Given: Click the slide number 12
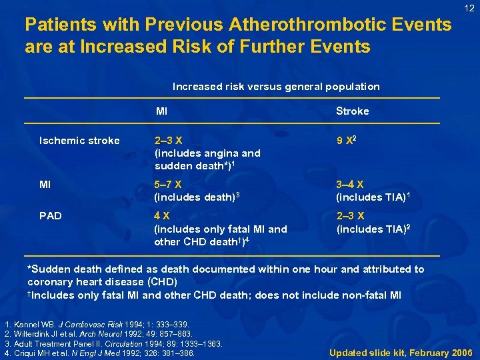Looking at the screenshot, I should click(469, 8).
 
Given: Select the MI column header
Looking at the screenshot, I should click(161, 111).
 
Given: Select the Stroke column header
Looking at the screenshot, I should click(353, 111).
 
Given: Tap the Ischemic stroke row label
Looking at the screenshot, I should click(80, 141).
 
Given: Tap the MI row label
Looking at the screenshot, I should click(45, 185).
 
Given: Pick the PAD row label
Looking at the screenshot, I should click(51, 216).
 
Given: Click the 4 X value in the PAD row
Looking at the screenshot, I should click(162, 216).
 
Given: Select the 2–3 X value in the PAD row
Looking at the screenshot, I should click(351, 216).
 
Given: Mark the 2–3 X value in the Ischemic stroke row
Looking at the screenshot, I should click(169, 141).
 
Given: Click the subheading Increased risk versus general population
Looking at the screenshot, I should click(276, 87).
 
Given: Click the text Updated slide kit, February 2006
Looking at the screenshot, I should click(401, 352).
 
